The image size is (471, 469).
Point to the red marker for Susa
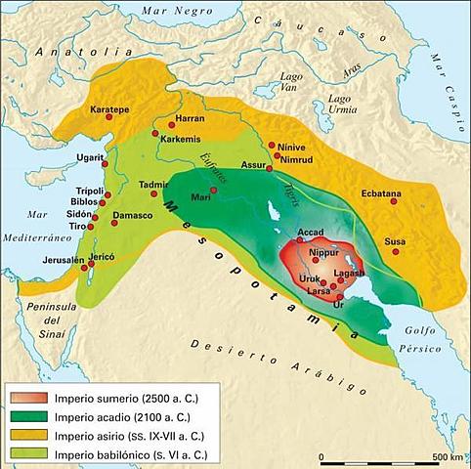coord(395,251)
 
